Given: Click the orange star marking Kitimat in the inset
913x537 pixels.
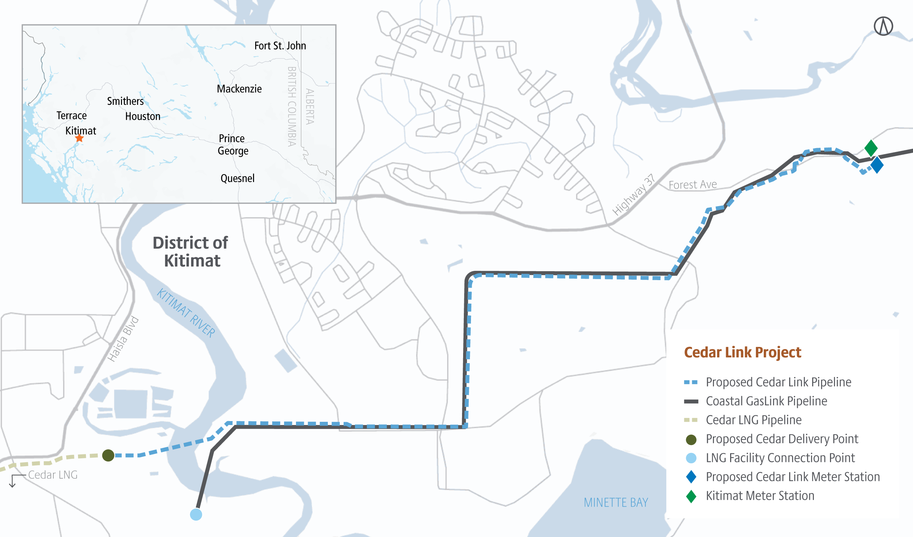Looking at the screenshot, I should click(x=79, y=138).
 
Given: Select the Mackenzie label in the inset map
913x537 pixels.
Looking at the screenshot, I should click(x=239, y=89).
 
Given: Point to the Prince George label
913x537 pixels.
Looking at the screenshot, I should click(x=233, y=145).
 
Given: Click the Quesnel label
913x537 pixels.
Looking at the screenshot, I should click(x=237, y=178).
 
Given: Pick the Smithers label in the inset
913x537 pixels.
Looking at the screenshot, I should click(x=125, y=101).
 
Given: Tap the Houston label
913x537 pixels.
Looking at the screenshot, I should click(x=142, y=116).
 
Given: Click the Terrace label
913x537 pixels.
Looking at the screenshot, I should click(x=71, y=116).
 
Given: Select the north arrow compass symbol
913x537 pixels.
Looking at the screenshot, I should click(x=883, y=26).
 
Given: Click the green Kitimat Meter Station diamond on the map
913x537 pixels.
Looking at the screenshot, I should click(x=871, y=148).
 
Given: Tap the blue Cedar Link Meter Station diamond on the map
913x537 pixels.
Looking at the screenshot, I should click(x=877, y=165).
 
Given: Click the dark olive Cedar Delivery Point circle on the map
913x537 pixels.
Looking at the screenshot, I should click(x=108, y=455).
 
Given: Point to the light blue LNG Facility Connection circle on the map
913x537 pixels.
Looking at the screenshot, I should click(x=196, y=514).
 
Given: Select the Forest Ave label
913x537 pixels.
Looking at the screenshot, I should click(x=693, y=185).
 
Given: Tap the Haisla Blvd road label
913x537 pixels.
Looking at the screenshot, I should click(x=123, y=339).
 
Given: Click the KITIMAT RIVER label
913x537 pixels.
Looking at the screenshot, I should click(x=186, y=313).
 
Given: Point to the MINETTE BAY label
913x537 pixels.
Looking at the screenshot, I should click(x=616, y=503).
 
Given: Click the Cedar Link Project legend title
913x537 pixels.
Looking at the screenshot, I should click(x=742, y=352).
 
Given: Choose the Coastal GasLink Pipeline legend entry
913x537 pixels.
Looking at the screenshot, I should click(x=766, y=401).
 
